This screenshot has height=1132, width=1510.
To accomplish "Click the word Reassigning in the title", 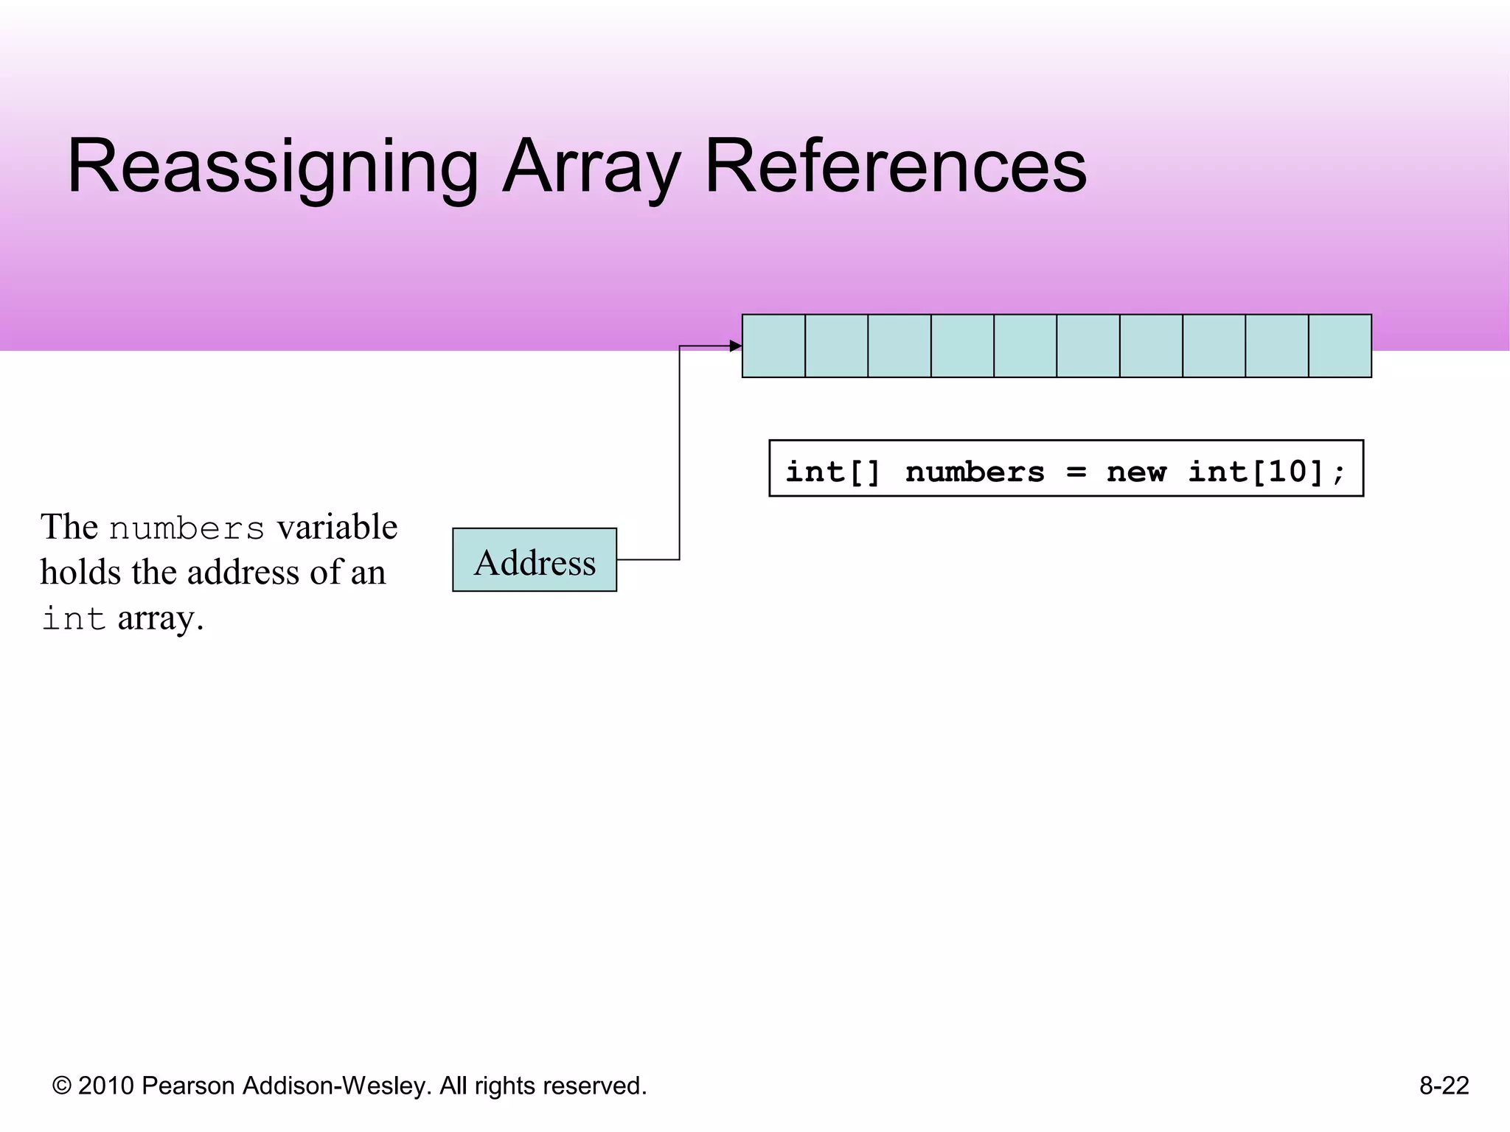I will coord(273,168).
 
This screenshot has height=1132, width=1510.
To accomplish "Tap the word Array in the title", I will coord(591,168).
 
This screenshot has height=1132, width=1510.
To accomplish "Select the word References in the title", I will coord(895,168).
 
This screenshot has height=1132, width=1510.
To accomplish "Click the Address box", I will coord(535,560).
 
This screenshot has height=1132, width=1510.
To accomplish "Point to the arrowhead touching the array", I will coord(736,346).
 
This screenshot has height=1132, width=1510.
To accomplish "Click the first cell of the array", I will coord(773,346).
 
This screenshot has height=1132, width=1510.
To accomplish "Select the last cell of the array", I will coord(1340,346).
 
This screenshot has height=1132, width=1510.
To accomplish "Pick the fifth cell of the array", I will coord(1025,346).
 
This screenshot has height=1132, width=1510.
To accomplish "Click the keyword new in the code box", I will coord(1135,472).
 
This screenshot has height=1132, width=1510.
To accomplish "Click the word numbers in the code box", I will coord(975,472).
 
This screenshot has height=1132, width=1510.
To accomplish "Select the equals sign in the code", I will coord(1076,472).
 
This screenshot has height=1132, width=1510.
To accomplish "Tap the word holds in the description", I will coord(80,573).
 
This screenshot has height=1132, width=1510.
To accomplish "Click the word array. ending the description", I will coord(160,618).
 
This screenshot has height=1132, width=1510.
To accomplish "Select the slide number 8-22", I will coord(1444,1086).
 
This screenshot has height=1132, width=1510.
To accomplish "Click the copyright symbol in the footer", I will coord(62,1086).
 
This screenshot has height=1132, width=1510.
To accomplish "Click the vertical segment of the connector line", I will coord(679,453).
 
